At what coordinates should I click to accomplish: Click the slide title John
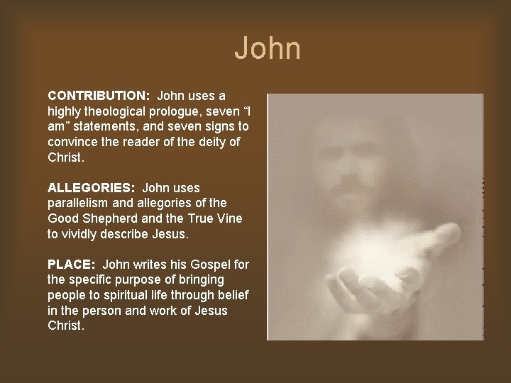(268, 49)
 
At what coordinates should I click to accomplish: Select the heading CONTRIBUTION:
(99, 94)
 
